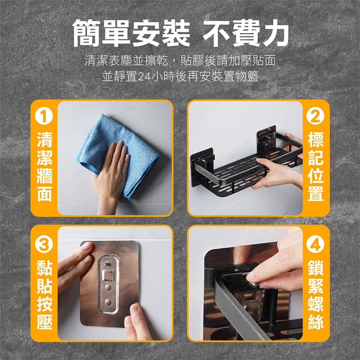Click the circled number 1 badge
[x=44, y=116]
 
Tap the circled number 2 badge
[x=315, y=116]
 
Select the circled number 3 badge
[x=44, y=244]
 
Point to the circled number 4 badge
[x=315, y=244]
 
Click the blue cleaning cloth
[x=117, y=154]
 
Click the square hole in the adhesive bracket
[x=108, y=276]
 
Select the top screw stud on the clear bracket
[x=107, y=264]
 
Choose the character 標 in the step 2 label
[x=316, y=139]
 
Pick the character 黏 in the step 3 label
[x=44, y=268]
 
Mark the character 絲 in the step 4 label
[x=316, y=322]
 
